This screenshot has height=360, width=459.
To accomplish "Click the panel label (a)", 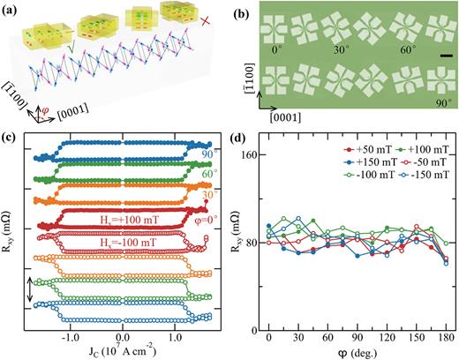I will coord(12,9).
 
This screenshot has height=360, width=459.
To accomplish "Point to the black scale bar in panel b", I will coord(446,59).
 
